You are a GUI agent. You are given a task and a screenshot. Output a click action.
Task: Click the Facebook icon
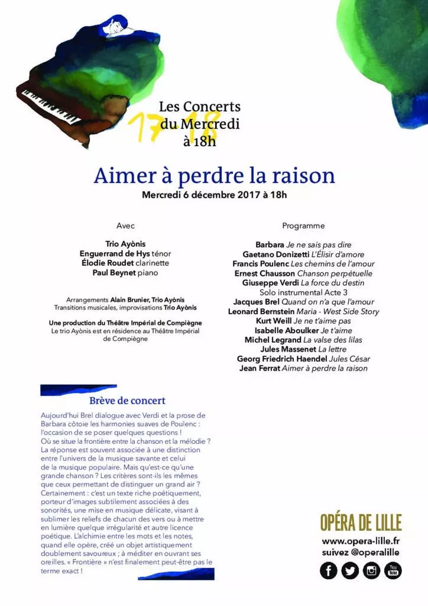pyautogui.click(x=329, y=570)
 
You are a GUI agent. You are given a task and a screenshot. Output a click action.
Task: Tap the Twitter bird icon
pyautogui.click(x=350, y=570)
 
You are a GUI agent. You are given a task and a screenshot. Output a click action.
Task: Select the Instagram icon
pyautogui.click(x=371, y=570)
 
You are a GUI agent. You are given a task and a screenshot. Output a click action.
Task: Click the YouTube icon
pyautogui.click(x=393, y=570)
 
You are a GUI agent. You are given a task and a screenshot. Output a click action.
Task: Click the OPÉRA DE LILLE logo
pyautogui.click(x=361, y=523)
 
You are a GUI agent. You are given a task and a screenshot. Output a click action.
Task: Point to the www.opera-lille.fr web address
pyautogui.click(x=361, y=541)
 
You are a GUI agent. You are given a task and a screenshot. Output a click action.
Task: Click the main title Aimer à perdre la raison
pyautogui.click(x=214, y=175)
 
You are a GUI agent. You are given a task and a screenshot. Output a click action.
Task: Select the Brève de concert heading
pyautogui.click(x=127, y=401)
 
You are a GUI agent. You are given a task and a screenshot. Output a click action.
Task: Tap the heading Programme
pyautogui.click(x=303, y=226)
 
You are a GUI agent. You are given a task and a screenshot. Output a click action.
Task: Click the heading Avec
pyautogui.click(x=125, y=226)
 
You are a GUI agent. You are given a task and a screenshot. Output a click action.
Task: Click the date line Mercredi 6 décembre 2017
pyautogui.click(x=214, y=195)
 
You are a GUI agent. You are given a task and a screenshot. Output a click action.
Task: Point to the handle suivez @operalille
pyautogui.click(x=361, y=552)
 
